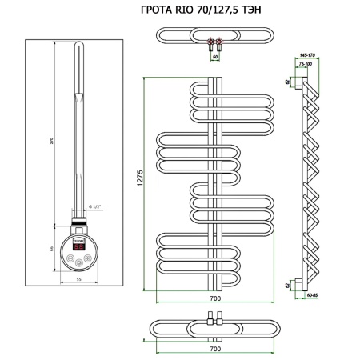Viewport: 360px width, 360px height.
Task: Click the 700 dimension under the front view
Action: (x=215, y=298)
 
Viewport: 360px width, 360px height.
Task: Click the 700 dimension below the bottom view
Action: (x=215, y=350)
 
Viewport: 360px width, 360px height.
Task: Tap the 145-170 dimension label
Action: (x=305, y=54)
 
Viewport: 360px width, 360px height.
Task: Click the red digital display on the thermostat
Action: (x=80, y=247)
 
